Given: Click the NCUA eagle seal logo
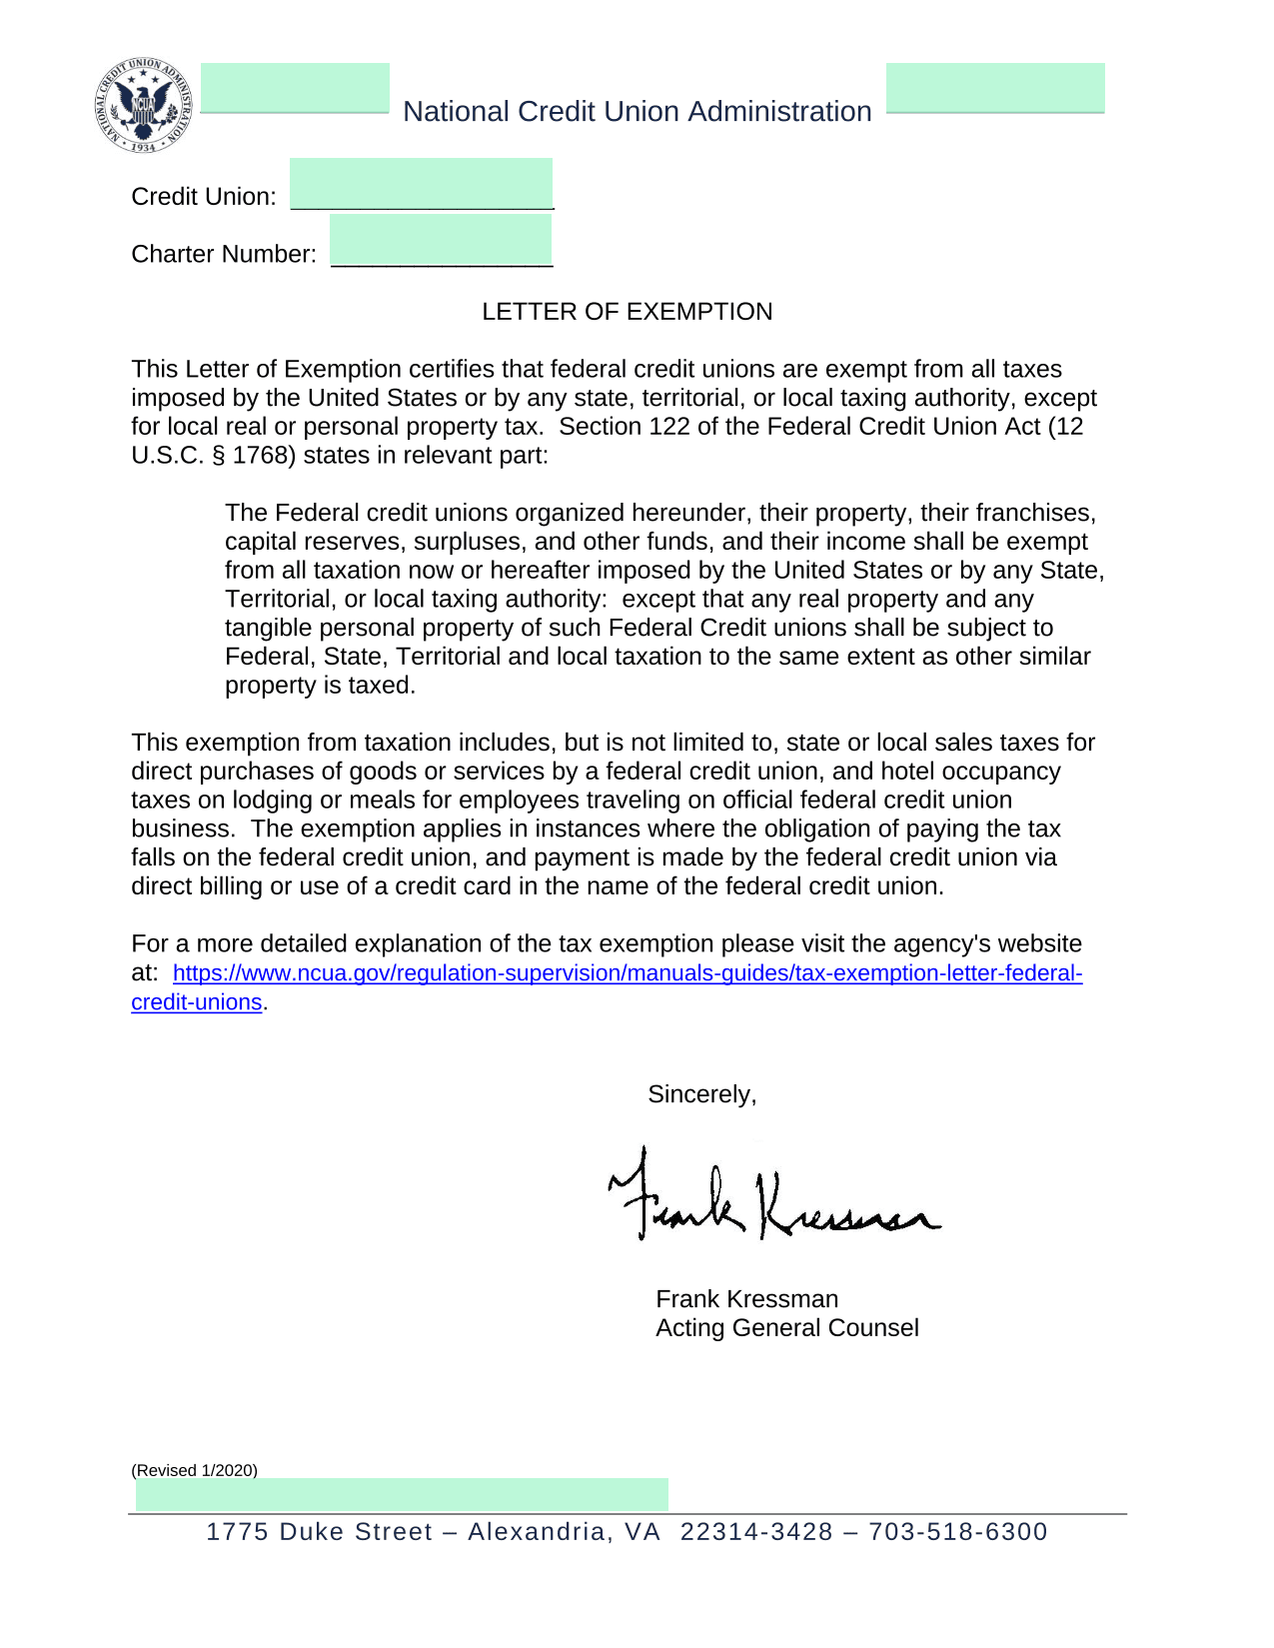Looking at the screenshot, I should [144, 106].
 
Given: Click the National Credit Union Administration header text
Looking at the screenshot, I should [637, 111].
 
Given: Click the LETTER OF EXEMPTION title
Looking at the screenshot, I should [627, 312].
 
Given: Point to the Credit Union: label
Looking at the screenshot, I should [204, 197].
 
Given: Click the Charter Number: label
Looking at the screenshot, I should [224, 255].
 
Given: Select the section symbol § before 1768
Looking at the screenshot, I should [217, 456].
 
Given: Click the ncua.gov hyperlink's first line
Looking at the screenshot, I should [627, 973].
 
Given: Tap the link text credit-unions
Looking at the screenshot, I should [196, 1002].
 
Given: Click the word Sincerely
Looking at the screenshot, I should [701, 1094].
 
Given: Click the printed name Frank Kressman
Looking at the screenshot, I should [746, 1299].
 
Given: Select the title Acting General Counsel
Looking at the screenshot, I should [786, 1328].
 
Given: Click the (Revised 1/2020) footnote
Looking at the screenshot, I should [194, 1470].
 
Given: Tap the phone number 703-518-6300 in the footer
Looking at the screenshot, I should [957, 1532].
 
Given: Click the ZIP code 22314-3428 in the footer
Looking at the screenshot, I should [756, 1532].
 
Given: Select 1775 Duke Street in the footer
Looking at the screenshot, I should [319, 1532].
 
